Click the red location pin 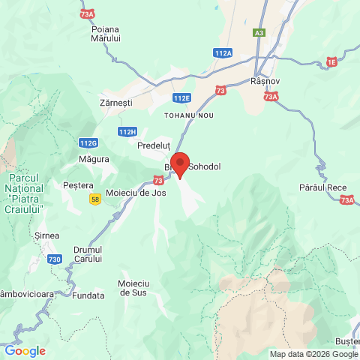click(180, 163)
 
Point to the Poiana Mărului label click(105, 33)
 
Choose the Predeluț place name click(155, 146)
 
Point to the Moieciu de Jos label click(136, 192)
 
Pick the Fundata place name click(89, 295)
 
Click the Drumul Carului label click(88, 254)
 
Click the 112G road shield click(88, 142)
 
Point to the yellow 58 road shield click(94, 199)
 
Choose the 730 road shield click(55, 259)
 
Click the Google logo click(25, 350)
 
